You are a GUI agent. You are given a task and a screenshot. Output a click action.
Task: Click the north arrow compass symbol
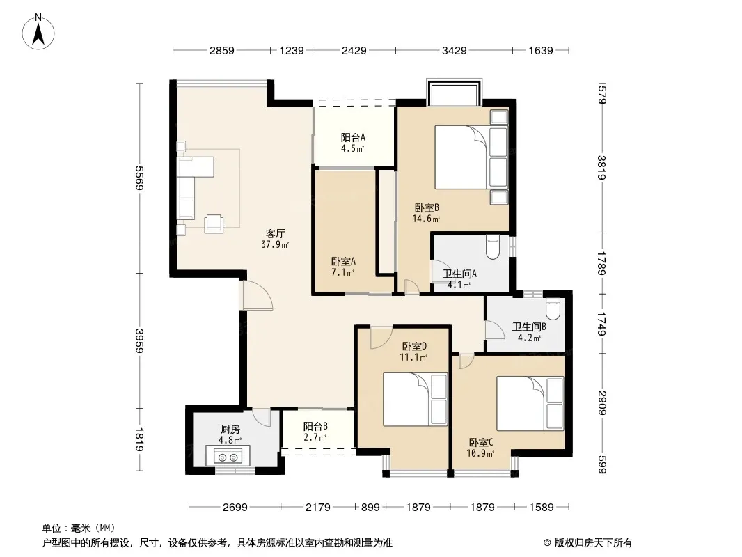(38, 32)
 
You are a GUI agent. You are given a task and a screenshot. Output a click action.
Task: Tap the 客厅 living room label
(275, 233)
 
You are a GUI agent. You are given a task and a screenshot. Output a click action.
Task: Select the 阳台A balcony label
(353, 138)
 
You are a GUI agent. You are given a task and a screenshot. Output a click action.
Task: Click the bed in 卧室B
(471, 157)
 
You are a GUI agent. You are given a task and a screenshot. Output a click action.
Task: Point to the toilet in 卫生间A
(493, 246)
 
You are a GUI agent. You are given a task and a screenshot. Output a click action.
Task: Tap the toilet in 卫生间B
(552, 308)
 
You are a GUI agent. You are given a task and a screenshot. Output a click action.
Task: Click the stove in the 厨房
(228, 456)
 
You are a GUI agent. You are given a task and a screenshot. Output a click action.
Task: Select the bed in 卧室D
(415, 400)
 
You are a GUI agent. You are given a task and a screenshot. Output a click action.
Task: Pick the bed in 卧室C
(530, 403)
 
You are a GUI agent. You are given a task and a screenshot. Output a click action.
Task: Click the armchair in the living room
(214, 223)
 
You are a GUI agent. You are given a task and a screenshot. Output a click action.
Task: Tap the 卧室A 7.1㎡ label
(344, 267)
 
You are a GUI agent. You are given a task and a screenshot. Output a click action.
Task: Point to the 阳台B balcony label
(315, 426)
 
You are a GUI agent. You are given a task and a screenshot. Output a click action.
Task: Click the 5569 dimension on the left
(139, 178)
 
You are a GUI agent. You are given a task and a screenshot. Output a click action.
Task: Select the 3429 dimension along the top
(455, 50)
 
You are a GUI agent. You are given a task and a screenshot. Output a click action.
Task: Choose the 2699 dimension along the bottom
(235, 508)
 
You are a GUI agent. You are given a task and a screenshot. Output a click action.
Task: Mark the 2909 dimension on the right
(602, 402)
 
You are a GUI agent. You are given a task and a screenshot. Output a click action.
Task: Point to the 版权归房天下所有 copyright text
(587, 543)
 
